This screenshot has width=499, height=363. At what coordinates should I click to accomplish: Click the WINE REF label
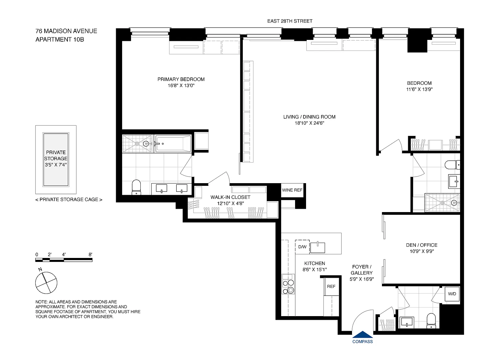[x=292, y=190]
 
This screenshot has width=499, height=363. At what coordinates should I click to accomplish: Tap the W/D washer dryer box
[x=452, y=294]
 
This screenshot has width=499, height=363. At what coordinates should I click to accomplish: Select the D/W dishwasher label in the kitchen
[x=302, y=247]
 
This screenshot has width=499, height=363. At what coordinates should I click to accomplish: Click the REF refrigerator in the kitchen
[x=331, y=287]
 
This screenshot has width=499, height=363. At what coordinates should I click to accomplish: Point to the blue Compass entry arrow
[x=363, y=334]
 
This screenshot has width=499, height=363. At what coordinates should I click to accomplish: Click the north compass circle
[x=46, y=283]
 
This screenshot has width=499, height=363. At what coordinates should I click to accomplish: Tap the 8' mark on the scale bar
[x=90, y=254]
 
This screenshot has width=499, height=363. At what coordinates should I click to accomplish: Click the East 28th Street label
[x=290, y=21]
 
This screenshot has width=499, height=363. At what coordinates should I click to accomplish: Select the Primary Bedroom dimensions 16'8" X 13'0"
[x=181, y=85]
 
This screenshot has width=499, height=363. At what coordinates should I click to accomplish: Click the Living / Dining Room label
[x=309, y=117]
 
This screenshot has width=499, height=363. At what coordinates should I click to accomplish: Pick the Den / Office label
[x=422, y=245]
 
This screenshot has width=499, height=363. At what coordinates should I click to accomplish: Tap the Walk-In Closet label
[x=230, y=197]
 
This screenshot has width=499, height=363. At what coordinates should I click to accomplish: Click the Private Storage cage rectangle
[x=56, y=159]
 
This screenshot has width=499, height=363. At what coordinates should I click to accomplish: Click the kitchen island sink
[x=317, y=248]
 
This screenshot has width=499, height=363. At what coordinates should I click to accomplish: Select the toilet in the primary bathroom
[x=136, y=187]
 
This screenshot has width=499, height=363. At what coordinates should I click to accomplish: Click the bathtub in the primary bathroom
[x=173, y=144]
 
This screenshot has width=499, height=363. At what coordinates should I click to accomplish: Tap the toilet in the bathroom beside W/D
[x=431, y=321]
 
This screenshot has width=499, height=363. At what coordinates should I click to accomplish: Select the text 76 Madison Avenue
[x=66, y=31]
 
